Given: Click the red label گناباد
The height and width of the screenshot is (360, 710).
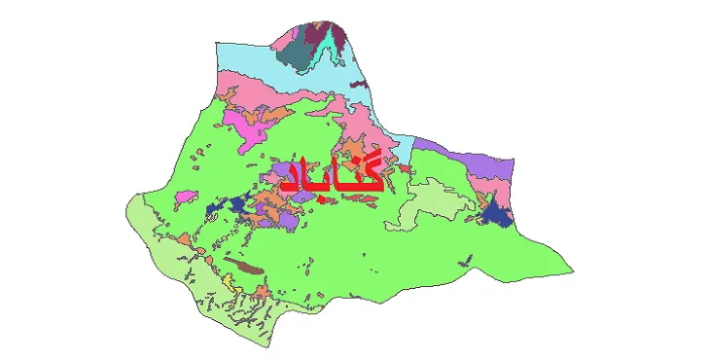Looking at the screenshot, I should coord(331,174).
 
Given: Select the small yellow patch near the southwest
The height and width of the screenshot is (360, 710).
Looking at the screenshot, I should coord(227,282).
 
